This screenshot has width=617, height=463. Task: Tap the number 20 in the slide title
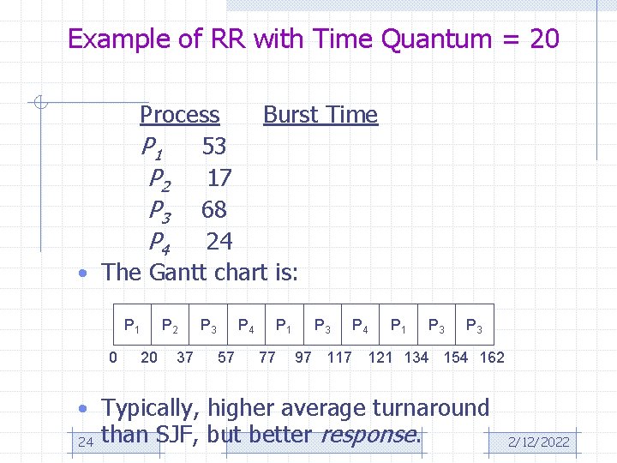point(544,39)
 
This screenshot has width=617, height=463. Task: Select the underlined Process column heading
point(180,114)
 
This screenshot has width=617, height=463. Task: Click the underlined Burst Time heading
point(320,114)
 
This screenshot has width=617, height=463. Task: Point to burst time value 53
point(213,147)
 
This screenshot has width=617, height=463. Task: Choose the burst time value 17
point(219,178)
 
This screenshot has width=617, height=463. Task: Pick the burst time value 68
point(213,210)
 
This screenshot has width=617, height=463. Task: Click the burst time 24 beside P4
point(219,242)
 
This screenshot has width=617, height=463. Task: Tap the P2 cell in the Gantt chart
point(171,326)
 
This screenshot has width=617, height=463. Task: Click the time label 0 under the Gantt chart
point(113,358)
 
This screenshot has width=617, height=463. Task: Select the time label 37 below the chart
point(184,358)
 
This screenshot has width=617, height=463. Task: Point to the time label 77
point(267,358)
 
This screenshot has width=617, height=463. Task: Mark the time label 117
point(339,358)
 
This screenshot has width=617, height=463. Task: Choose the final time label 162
point(492,358)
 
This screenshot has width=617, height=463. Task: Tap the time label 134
point(416,358)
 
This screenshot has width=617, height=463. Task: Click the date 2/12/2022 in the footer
point(538,442)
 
